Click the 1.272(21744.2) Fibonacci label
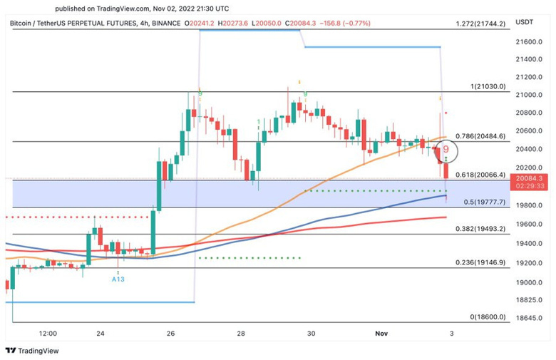click(x=481, y=24)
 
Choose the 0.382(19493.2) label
click(x=480, y=230)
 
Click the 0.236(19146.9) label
click(x=480, y=262)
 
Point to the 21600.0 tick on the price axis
click(x=530, y=42)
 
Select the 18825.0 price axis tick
click(x=530, y=300)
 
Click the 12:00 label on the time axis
click(x=48, y=333)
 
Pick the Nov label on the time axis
click(x=380, y=333)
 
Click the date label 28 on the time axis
click(x=242, y=333)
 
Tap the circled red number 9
click(x=446, y=150)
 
